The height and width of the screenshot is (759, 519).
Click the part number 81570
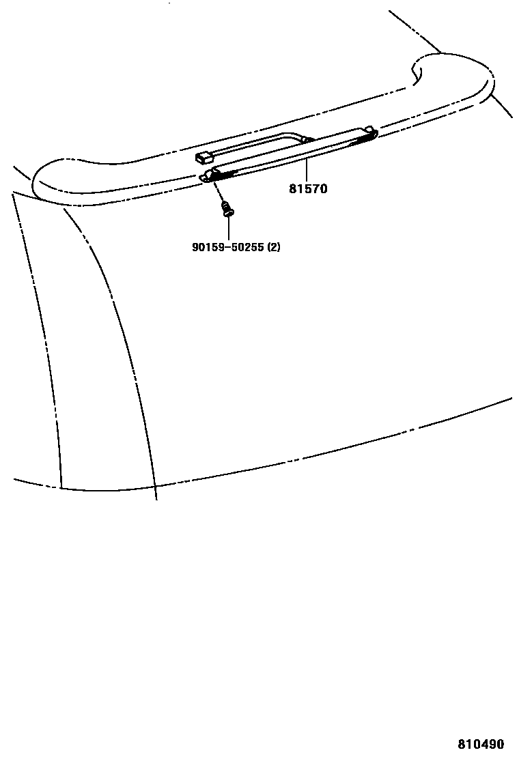pyautogui.click(x=307, y=189)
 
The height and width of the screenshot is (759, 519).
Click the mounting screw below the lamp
pyautogui.click(x=228, y=210)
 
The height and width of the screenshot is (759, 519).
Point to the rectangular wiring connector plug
pyautogui.click(x=204, y=158)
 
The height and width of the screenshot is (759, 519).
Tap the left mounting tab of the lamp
pyautogui.click(x=206, y=178)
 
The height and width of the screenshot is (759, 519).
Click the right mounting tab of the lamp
pyautogui.click(x=369, y=130)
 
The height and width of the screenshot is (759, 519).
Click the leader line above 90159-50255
pyautogui.click(x=228, y=228)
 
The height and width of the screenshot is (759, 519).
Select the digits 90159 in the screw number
pyautogui.click(x=206, y=247)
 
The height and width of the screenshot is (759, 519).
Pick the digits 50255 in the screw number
pyautogui.click(x=245, y=247)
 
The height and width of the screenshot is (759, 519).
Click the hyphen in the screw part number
pyautogui.click(x=225, y=247)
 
